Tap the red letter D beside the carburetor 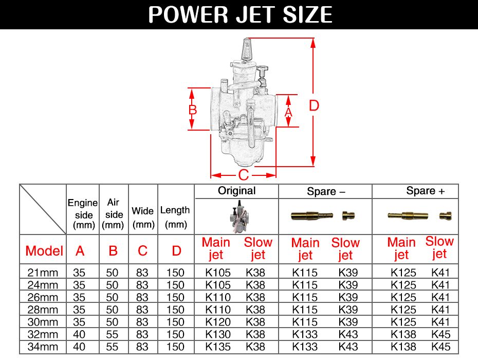click(x=314, y=106)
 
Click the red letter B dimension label click(x=193, y=110)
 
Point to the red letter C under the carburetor click(x=244, y=175)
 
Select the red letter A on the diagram click(x=288, y=111)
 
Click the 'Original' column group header click(x=236, y=191)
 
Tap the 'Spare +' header click(x=425, y=191)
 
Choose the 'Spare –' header click(x=326, y=192)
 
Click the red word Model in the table click(x=44, y=251)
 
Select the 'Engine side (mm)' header click(x=83, y=214)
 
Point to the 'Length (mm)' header click(x=175, y=217)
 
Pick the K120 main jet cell click(x=218, y=322)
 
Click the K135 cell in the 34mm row click(x=218, y=347)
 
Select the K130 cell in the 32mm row click(x=218, y=334)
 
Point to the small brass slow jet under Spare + click(x=445, y=216)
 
